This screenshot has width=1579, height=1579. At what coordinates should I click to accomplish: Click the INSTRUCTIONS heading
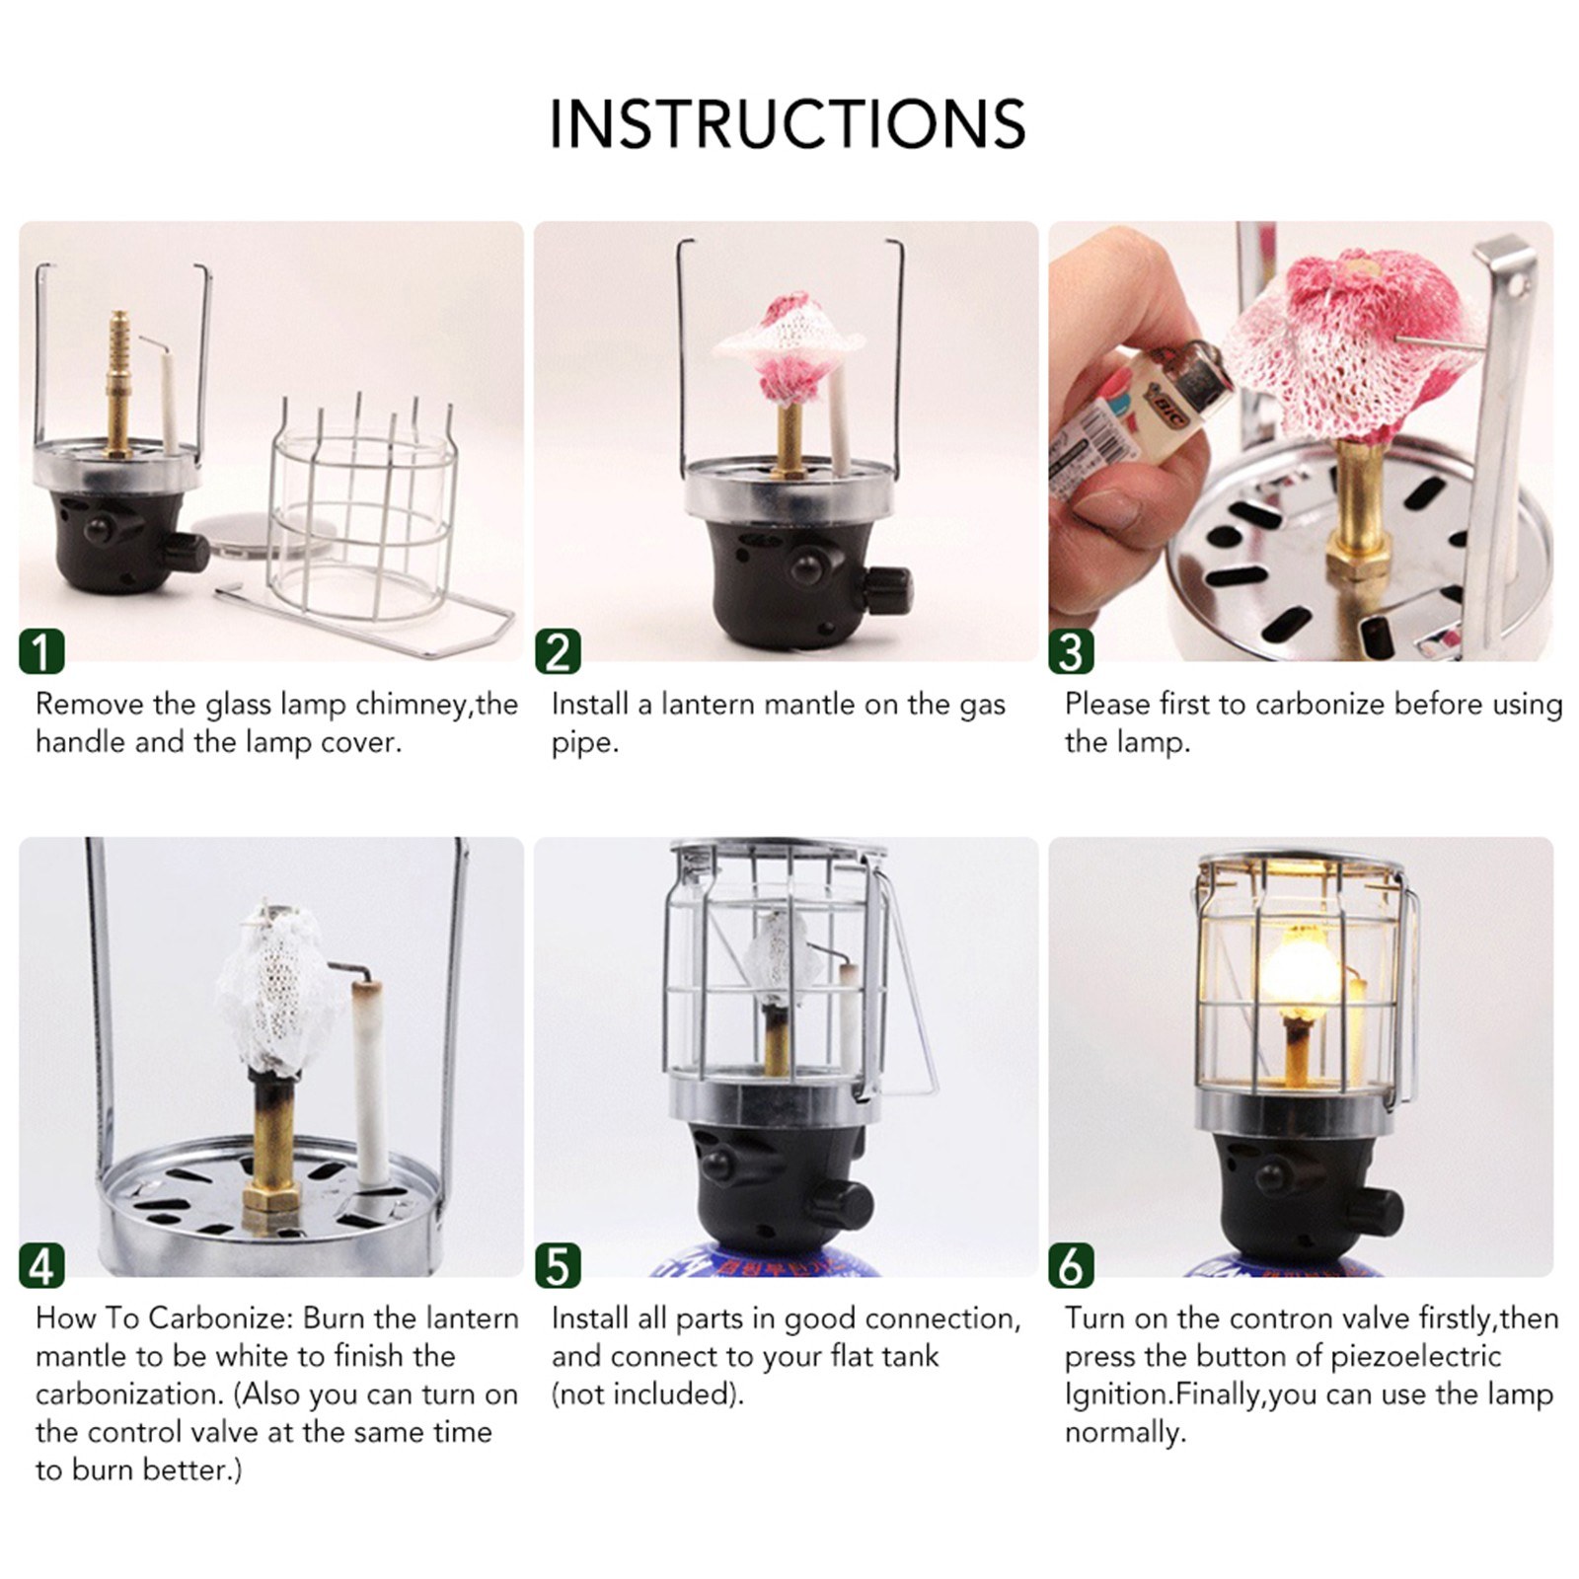(x=788, y=124)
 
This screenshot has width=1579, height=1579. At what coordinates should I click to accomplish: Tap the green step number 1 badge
(x=41, y=651)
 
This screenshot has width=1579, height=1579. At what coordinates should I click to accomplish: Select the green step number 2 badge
(x=558, y=651)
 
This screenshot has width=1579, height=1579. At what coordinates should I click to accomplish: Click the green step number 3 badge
(x=1071, y=651)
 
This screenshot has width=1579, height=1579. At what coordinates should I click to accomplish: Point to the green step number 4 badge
(x=41, y=1266)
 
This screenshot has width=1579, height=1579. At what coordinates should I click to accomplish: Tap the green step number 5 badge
(x=558, y=1266)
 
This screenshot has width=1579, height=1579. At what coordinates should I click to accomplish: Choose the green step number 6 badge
(x=1071, y=1266)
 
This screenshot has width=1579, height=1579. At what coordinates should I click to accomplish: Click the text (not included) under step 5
(x=646, y=1394)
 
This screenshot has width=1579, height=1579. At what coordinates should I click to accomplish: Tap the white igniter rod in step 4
(x=373, y=1086)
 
